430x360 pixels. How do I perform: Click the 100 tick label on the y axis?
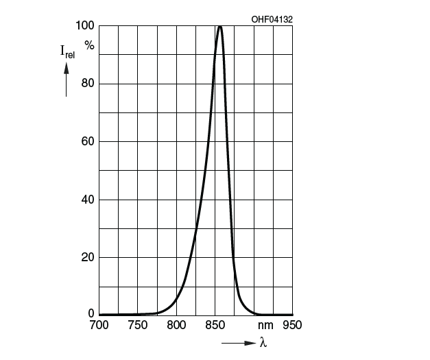tap(84, 26)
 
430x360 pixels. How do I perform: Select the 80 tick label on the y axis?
tap(87, 84)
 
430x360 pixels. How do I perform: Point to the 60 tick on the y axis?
tap(87, 142)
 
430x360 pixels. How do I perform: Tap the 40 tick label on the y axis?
tap(87, 200)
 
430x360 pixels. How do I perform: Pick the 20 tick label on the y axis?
tap(87, 258)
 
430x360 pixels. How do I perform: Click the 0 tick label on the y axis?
tap(91, 314)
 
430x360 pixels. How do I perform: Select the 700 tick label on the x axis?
tap(99, 325)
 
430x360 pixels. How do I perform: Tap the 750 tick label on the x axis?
tap(138, 325)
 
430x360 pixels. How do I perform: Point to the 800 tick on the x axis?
tap(177, 325)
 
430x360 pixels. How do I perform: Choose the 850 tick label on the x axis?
tap(215, 325)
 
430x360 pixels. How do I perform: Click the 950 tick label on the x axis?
tap(292, 325)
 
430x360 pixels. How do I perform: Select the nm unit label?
tap(265, 325)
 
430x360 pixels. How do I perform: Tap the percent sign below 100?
tap(88, 45)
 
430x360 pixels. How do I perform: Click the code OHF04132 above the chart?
tap(272, 19)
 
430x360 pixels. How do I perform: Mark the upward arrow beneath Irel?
tap(67, 79)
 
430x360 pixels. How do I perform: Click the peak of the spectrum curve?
tap(219, 27)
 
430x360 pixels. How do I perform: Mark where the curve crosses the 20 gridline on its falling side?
tap(234, 258)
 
